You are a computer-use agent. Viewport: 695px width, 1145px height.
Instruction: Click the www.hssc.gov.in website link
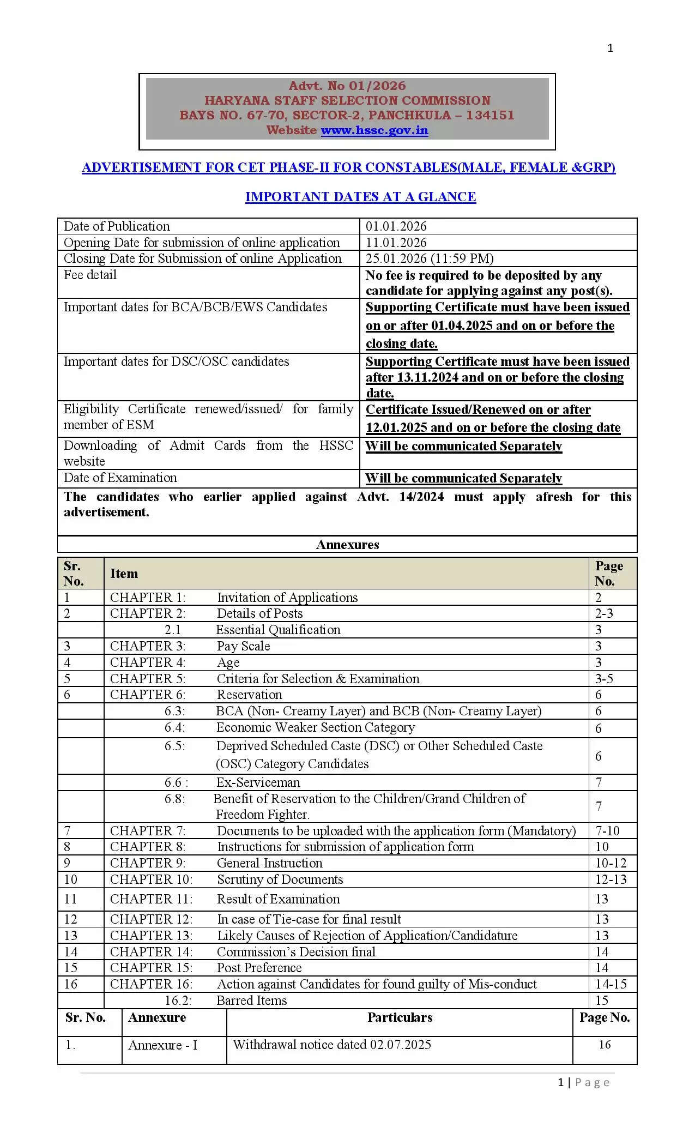[374, 130]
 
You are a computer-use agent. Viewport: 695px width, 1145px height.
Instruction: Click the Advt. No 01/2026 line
[347, 86]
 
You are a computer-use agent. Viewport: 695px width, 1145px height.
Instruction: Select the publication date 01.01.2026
[396, 226]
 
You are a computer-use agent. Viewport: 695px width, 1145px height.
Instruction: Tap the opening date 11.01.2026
[396, 243]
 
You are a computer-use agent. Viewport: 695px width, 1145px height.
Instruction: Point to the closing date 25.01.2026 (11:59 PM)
[430, 258]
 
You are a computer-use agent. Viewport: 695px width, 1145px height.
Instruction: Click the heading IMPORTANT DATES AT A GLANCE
[360, 197]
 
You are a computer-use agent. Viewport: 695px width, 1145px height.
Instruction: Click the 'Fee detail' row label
[90, 275]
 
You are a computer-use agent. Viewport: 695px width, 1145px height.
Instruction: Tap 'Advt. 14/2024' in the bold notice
[400, 497]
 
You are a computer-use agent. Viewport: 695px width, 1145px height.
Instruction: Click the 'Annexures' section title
[347, 545]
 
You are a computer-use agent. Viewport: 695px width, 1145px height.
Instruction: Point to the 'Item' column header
[124, 574]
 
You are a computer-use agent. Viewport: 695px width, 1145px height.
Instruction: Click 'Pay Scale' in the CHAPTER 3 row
[243, 646]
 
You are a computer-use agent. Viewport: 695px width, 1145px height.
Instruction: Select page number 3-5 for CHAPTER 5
[604, 679]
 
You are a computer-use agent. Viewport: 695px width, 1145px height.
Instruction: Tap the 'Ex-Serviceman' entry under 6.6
[258, 782]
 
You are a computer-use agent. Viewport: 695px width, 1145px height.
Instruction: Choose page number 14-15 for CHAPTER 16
[611, 984]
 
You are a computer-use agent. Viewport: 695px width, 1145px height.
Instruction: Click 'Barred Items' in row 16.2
[251, 1001]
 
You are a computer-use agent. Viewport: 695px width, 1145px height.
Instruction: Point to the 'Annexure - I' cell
[162, 1045]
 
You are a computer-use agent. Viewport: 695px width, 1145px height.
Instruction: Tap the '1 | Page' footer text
[583, 1082]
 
